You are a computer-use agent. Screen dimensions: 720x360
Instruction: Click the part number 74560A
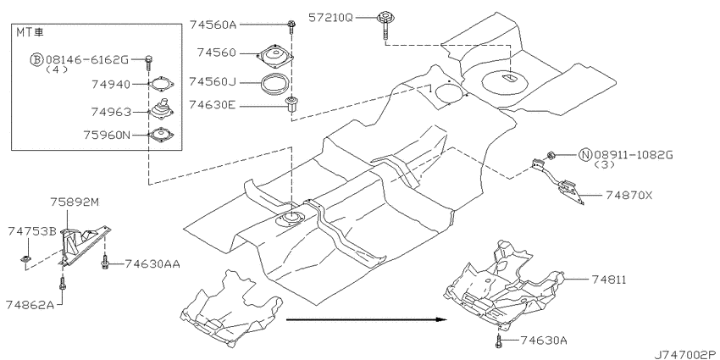213,25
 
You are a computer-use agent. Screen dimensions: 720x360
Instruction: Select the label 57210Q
330,18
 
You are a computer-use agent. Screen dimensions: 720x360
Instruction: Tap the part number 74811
609,280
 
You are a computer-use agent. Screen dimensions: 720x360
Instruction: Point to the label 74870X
629,195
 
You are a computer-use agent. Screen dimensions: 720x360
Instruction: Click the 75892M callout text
75,202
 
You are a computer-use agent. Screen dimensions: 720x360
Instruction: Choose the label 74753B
31,231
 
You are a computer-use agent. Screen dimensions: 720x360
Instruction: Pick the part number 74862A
30,304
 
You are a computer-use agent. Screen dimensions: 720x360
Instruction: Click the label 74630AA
152,263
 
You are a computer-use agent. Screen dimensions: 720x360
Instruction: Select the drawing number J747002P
686,354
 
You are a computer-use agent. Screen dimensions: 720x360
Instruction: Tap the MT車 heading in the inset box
30,32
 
